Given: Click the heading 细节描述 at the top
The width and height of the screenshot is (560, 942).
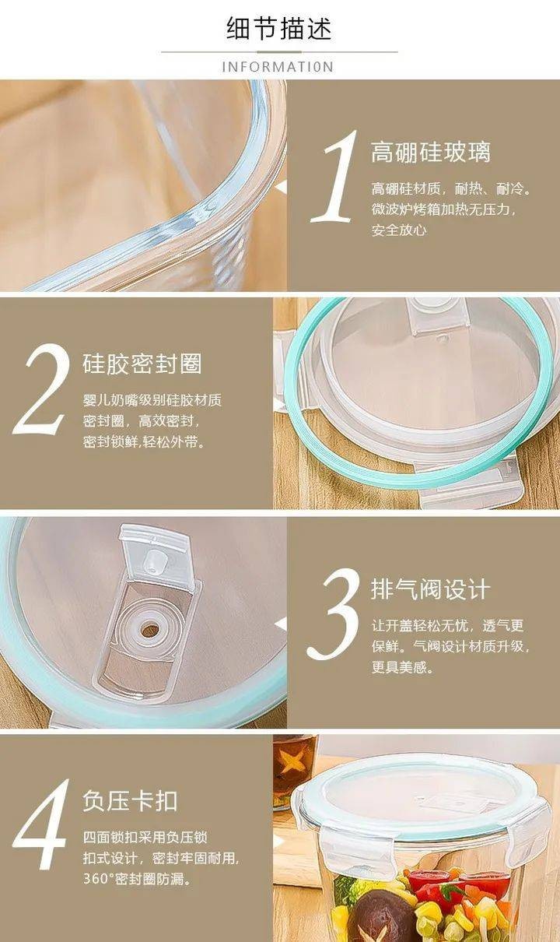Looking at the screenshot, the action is [x=279, y=29].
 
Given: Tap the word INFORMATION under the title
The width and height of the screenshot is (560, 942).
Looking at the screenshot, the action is [x=278, y=67].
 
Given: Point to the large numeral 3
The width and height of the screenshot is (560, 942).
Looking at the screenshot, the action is [x=334, y=613].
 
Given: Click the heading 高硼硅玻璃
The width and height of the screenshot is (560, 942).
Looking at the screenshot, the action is [x=431, y=153].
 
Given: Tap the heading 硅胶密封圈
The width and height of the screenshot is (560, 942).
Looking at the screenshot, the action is [x=142, y=364].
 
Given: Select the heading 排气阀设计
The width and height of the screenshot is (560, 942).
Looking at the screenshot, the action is [x=431, y=589].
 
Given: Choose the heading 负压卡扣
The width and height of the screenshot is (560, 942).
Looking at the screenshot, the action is [x=130, y=801].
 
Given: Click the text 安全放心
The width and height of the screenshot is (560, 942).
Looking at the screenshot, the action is [x=399, y=230].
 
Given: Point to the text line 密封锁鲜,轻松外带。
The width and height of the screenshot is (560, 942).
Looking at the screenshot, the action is [x=144, y=442].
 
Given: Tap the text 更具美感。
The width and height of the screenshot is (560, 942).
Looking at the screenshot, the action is [x=402, y=667].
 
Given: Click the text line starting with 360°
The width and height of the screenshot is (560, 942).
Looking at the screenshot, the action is [x=137, y=880].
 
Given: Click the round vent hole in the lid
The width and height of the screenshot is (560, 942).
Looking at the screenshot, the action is [x=150, y=630].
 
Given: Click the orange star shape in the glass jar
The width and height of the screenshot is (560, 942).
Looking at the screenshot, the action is [x=292, y=762].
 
